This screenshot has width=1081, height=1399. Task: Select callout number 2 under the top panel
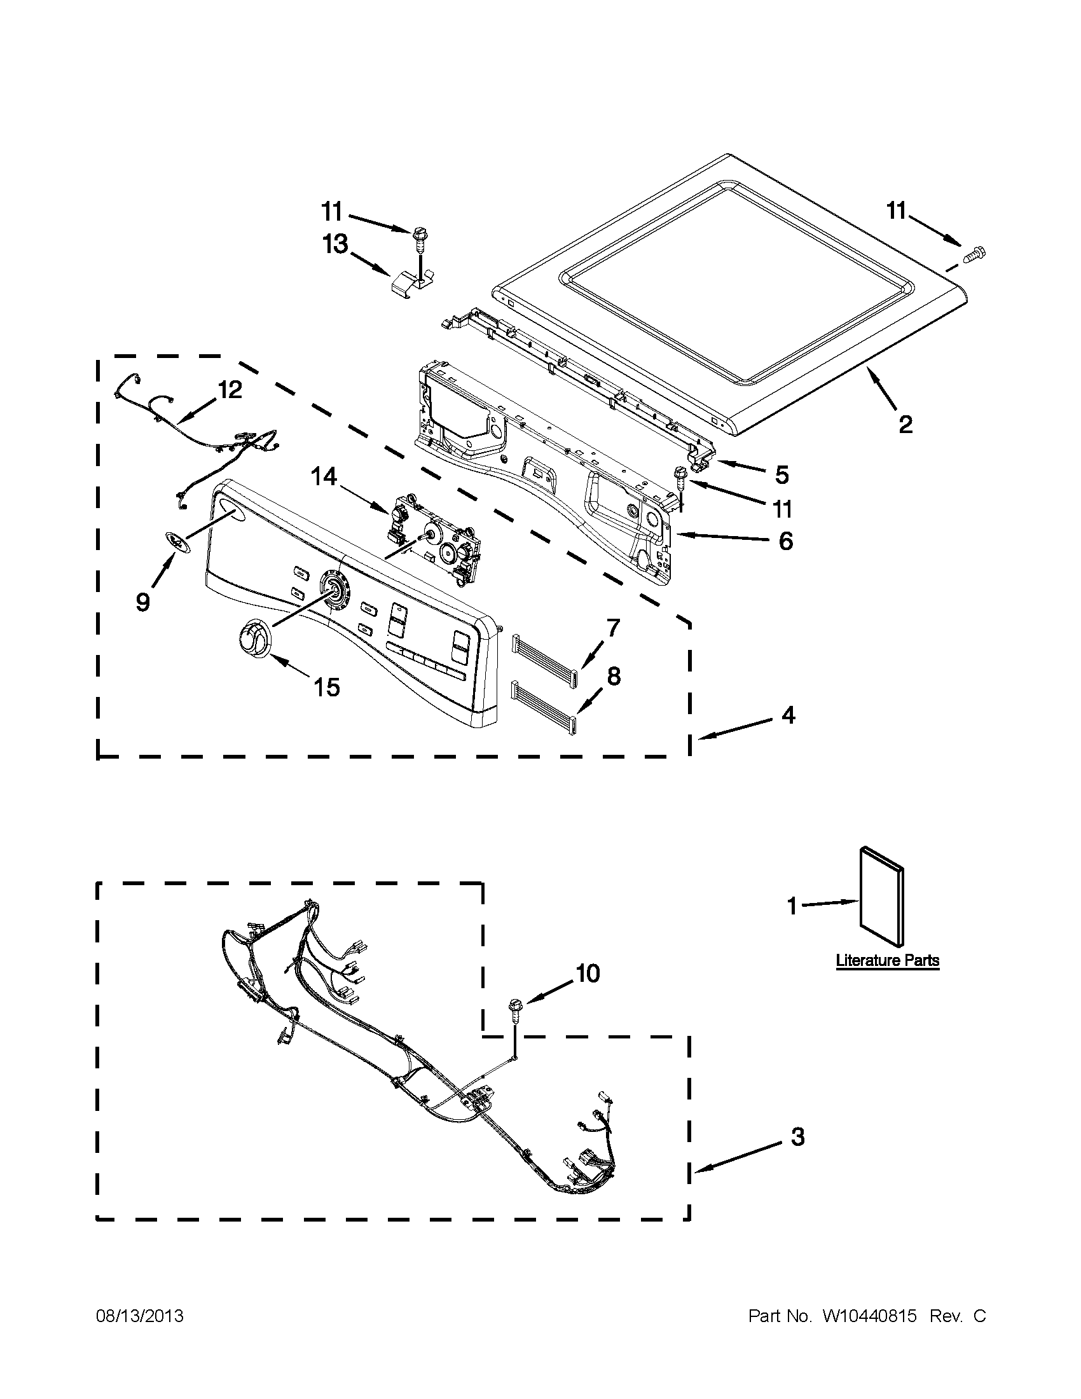point(905,424)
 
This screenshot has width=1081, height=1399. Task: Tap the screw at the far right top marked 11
point(975,255)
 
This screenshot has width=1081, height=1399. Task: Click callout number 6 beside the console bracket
point(785,541)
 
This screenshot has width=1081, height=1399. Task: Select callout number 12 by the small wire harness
point(230,389)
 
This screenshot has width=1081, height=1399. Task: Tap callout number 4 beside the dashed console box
point(788,715)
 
